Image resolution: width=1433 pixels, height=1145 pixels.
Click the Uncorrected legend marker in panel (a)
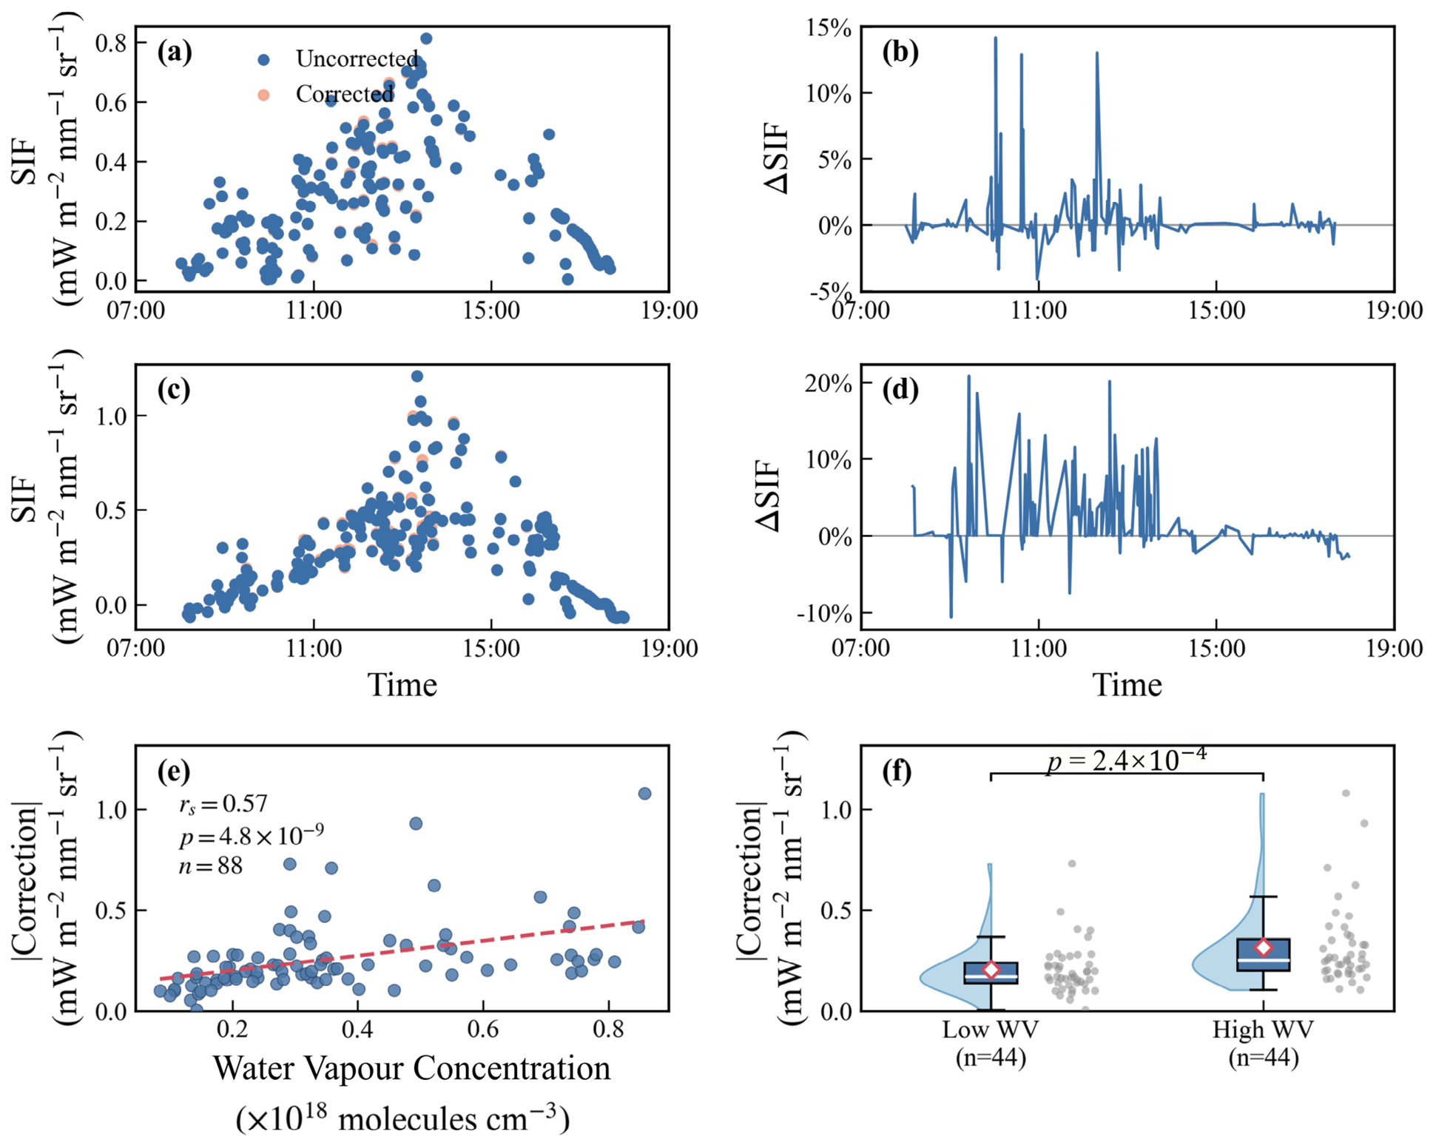click(x=263, y=59)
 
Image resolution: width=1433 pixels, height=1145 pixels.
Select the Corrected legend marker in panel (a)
click(x=263, y=95)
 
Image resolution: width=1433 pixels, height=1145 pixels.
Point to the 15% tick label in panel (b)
click(x=829, y=27)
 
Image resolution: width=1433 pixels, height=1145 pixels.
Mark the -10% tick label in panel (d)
click(x=823, y=613)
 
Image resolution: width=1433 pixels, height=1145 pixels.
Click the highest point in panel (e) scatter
click(x=644, y=794)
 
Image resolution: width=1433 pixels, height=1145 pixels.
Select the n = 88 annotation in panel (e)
click(x=211, y=866)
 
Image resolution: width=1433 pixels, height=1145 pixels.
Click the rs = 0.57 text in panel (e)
click(x=223, y=804)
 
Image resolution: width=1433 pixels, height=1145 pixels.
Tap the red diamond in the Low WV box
click(x=991, y=969)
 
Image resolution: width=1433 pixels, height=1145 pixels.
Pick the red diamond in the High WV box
click(x=1263, y=948)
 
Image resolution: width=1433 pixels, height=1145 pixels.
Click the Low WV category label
click(x=991, y=1030)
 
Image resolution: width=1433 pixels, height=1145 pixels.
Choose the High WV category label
click(x=1263, y=1030)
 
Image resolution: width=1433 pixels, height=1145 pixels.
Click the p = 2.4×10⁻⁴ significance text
click(x=1127, y=759)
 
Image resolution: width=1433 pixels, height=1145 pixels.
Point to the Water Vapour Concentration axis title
click(x=412, y=1068)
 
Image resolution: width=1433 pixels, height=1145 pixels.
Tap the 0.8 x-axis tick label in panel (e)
click(x=608, y=1030)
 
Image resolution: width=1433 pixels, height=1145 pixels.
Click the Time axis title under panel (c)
click(x=402, y=685)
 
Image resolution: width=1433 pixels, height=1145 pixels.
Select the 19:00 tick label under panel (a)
click(x=669, y=310)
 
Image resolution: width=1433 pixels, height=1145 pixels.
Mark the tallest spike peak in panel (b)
click(x=995, y=37)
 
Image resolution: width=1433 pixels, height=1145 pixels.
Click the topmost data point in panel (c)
click(x=417, y=376)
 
